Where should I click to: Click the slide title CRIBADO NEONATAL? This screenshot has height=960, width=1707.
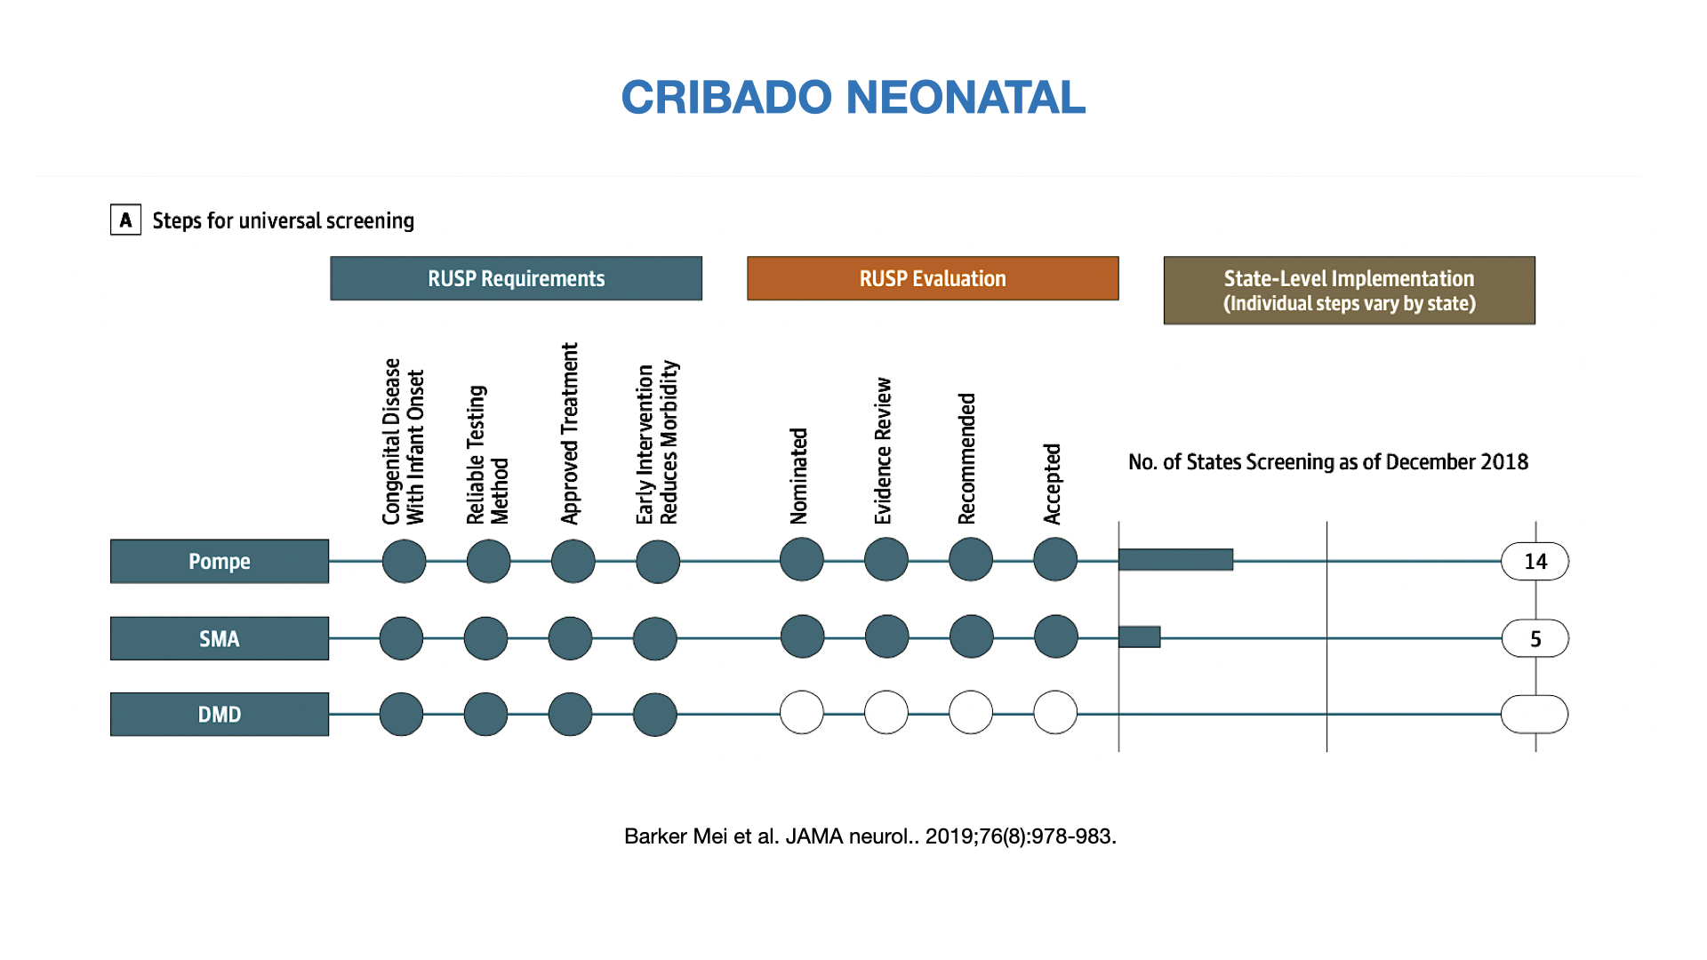853,98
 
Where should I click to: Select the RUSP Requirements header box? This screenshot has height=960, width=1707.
516,278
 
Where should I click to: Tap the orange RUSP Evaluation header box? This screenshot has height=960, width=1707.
933,278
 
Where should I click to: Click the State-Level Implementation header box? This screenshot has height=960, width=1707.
1349,291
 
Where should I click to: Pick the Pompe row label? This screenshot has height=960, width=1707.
220,561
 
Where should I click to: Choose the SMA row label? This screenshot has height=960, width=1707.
220,638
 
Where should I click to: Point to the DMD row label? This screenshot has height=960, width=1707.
220,714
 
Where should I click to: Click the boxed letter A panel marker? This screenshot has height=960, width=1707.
125,220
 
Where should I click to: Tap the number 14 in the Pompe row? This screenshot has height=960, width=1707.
1535,562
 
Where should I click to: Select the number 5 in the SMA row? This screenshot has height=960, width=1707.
1535,639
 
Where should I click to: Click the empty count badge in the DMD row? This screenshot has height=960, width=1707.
1535,714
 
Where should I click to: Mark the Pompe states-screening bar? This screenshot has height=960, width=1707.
1175,559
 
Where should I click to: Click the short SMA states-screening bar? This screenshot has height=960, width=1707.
1139,636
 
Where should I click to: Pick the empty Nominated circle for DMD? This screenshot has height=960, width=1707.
802,712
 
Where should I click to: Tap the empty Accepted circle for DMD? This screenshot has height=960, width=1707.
1055,712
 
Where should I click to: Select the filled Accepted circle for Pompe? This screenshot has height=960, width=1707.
1055,559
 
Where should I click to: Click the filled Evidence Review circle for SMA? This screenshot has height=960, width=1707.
886,636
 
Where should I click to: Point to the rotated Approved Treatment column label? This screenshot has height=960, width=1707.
569,433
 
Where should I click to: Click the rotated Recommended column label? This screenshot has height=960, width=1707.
966,459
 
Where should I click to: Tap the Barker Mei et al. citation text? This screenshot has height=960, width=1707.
870,836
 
